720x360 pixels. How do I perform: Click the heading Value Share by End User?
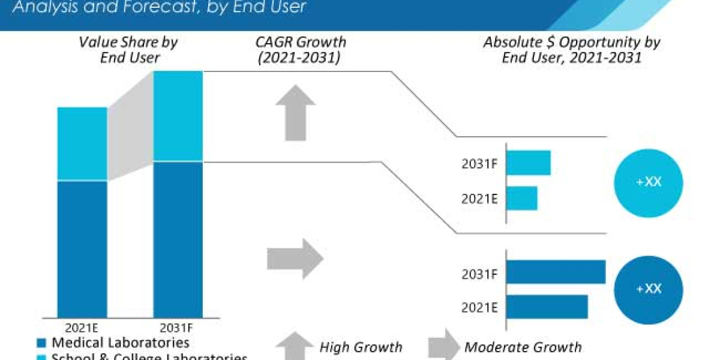128,50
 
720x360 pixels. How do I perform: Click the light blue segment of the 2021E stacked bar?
82,144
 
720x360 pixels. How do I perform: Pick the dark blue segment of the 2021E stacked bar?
82,252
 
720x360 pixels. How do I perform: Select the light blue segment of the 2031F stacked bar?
178,116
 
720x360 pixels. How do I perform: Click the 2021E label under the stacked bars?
82,328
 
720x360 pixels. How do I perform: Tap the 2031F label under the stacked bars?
178,328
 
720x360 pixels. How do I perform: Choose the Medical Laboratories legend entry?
114,343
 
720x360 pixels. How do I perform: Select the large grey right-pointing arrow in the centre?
295,259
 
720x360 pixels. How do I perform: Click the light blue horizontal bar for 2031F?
529,163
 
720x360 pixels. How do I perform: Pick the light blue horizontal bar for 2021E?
522,198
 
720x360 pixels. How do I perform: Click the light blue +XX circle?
648,182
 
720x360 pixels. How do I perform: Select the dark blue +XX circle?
648,289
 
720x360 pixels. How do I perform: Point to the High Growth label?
361,347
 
